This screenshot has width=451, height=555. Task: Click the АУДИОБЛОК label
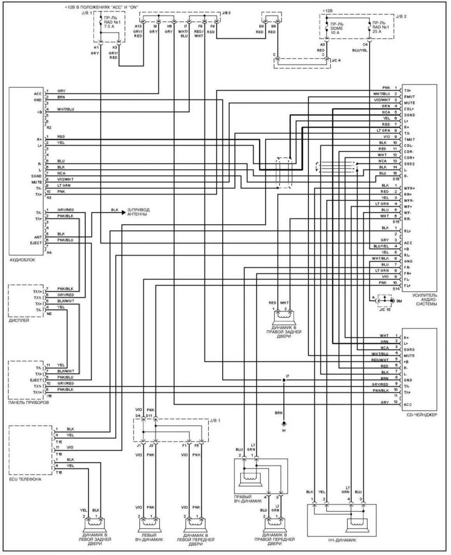tap(22, 259)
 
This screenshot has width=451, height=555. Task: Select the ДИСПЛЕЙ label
tap(19, 320)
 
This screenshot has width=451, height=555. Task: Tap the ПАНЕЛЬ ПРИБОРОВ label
tap(28, 402)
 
